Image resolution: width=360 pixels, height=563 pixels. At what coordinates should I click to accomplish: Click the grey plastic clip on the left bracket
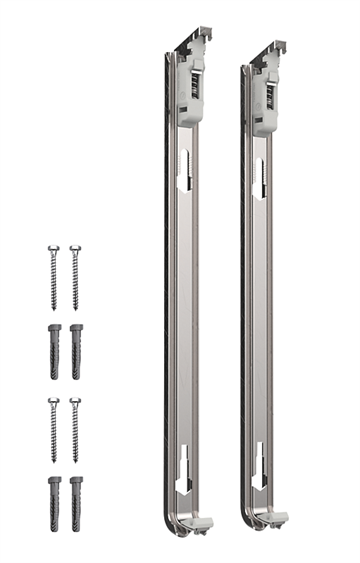click(x=192, y=95)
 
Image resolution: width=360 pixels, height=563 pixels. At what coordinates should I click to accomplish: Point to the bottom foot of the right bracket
click(x=274, y=519)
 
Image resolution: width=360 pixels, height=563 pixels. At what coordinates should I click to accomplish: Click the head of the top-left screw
click(x=54, y=249)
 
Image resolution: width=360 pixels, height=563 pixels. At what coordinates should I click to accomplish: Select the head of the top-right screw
click(x=75, y=249)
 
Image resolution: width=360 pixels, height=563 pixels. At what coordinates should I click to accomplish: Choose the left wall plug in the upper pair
click(x=54, y=351)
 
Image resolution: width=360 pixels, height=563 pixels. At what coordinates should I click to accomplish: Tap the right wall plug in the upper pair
click(x=76, y=351)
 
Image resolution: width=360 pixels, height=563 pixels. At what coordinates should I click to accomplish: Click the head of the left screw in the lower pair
click(x=54, y=402)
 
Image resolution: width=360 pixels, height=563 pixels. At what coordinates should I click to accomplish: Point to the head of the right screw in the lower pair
click(x=76, y=402)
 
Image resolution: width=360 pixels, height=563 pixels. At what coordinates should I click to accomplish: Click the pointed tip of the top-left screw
click(x=55, y=307)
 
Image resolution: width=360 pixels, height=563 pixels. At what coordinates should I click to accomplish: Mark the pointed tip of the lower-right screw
click(x=76, y=460)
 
